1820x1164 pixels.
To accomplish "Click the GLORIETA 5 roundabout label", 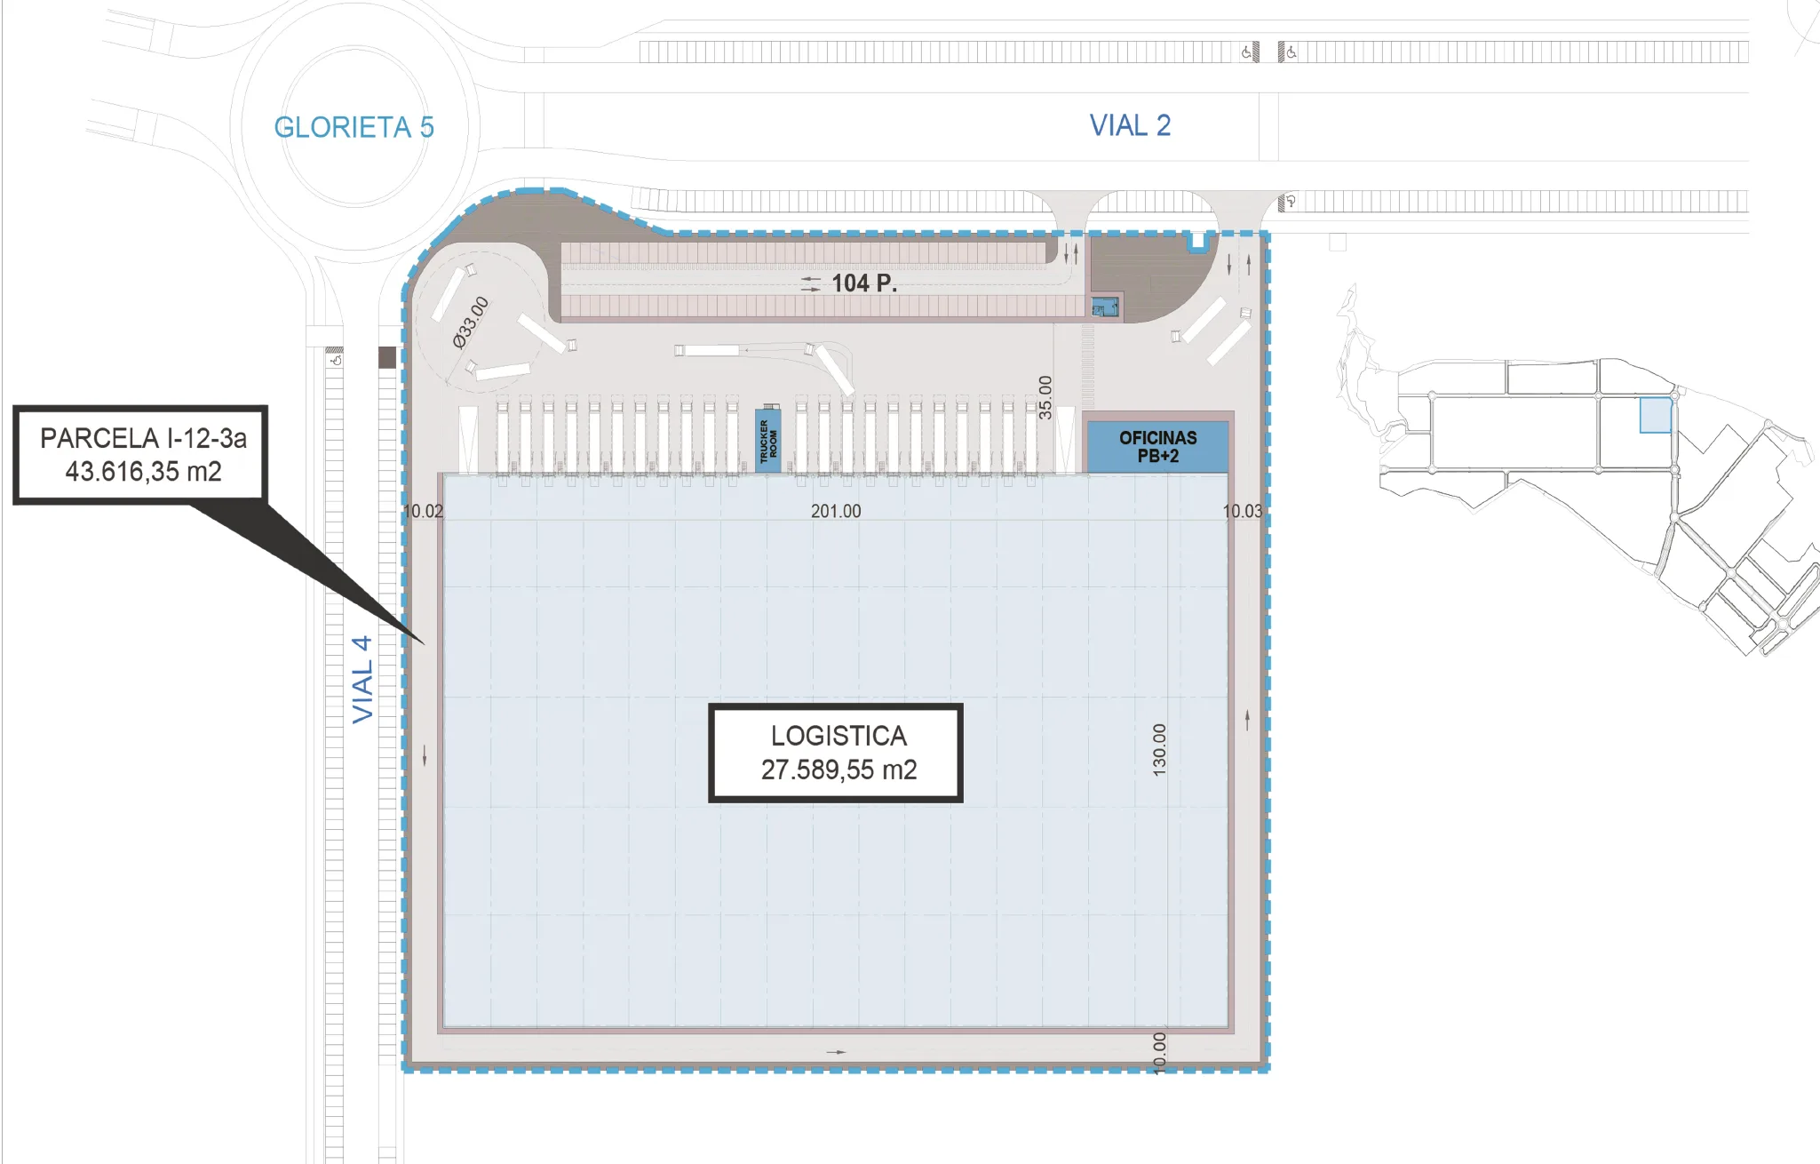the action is point(354,128).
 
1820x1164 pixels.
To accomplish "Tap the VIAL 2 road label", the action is point(1130,125).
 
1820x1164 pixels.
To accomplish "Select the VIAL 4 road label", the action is point(362,679).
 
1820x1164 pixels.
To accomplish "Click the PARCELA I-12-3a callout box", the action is point(140,455).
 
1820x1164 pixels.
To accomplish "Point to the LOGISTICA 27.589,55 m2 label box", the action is point(836,753).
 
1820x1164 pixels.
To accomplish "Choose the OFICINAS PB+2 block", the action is point(1157,447).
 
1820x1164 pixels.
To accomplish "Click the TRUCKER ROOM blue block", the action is point(768,440).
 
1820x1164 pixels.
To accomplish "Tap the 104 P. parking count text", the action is point(864,283).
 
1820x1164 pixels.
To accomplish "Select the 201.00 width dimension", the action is point(836,511).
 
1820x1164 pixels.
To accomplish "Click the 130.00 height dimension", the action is point(1159,750).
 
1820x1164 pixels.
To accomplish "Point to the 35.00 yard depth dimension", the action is point(1045,397).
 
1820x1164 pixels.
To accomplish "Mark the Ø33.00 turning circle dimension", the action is point(471,322).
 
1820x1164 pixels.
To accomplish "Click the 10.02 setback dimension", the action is point(423,511).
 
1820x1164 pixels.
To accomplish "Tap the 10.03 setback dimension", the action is point(1243,511).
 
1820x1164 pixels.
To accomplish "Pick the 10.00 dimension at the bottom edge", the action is point(1159,1053).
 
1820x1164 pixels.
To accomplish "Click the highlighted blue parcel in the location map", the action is point(1656,415).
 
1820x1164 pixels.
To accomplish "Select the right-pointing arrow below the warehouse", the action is point(837,1052).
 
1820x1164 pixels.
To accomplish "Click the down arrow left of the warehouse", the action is point(425,755).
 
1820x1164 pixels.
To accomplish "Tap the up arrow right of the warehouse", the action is point(1248,720).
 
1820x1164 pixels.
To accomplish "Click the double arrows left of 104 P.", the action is point(811,283).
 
